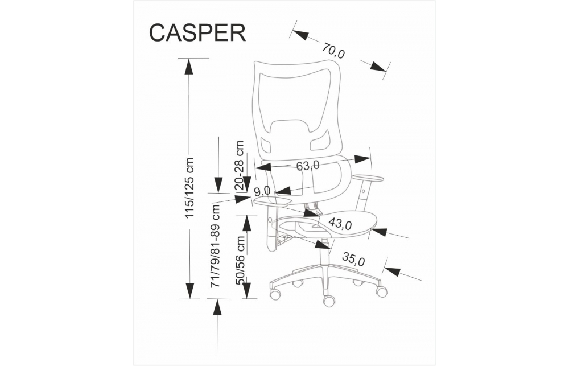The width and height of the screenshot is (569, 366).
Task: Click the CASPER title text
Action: [x=197, y=32]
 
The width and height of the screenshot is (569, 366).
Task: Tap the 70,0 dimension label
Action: [x=333, y=51]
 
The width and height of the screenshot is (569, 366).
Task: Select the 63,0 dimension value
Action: [x=308, y=166]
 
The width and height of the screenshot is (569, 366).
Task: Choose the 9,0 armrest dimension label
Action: [x=262, y=191]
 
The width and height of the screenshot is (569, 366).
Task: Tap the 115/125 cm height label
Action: [x=190, y=188]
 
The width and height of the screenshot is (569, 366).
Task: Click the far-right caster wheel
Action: [x=382, y=291]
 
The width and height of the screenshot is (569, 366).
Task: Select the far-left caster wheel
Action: [x=275, y=294]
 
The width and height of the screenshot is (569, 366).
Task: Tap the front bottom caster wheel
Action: [x=328, y=301]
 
